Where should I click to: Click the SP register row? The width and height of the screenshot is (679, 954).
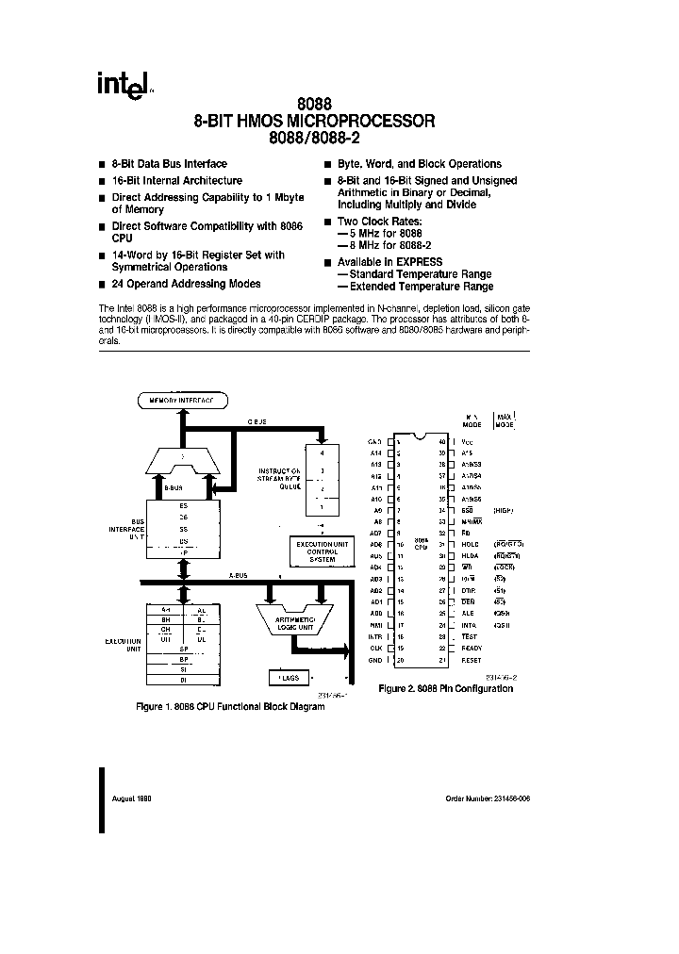click(184, 650)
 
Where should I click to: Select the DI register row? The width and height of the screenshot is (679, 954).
click(184, 679)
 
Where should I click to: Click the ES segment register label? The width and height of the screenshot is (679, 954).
click(183, 503)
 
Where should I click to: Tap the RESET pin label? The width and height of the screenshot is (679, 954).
click(470, 660)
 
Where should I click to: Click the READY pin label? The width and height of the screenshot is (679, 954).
click(471, 649)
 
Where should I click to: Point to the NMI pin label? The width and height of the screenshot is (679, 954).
click(376, 625)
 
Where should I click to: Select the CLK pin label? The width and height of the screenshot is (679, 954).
click(376, 649)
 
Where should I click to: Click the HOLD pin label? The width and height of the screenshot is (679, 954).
click(469, 544)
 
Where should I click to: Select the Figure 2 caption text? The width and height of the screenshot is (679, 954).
click(445, 689)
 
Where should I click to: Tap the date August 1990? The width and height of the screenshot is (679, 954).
click(131, 798)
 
